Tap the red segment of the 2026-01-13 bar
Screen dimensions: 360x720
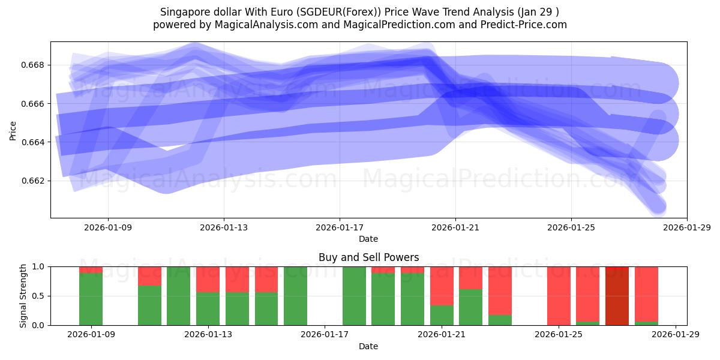[208, 279]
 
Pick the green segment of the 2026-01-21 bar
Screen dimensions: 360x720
[442, 315]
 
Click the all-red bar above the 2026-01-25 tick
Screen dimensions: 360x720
[559, 295]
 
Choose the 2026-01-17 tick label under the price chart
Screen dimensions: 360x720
[340, 227]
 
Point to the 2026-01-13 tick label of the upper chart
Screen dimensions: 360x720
[224, 227]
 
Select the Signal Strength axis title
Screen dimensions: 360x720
[23, 296]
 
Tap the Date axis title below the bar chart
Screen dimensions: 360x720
[368, 346]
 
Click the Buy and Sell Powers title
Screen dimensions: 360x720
[368, 257]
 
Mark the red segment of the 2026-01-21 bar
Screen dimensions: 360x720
[442, 286]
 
